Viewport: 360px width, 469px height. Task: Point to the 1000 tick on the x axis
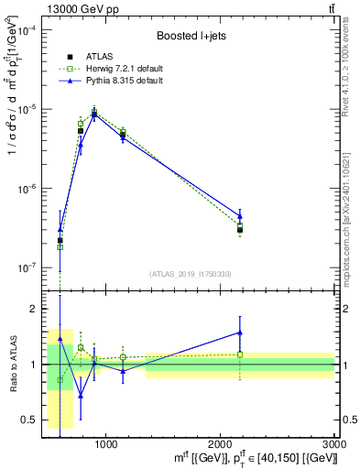(105, 443)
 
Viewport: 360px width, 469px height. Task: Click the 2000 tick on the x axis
(221, 443)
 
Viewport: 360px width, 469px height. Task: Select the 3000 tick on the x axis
(335, 443)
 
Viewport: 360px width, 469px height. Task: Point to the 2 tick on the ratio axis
(33, 309)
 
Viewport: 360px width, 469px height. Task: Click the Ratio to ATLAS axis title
(12, 365)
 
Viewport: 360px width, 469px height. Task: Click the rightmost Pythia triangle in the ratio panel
(240, 333)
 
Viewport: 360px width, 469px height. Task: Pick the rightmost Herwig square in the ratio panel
(240, 354)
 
